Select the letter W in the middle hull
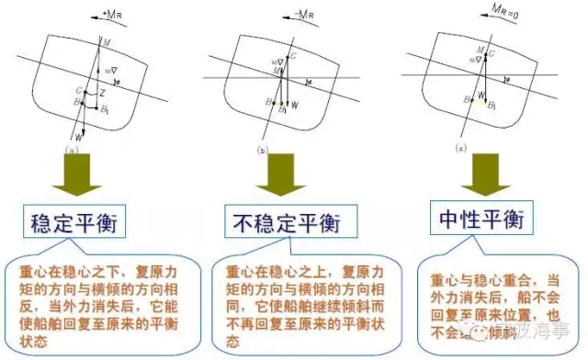(295, 106)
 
